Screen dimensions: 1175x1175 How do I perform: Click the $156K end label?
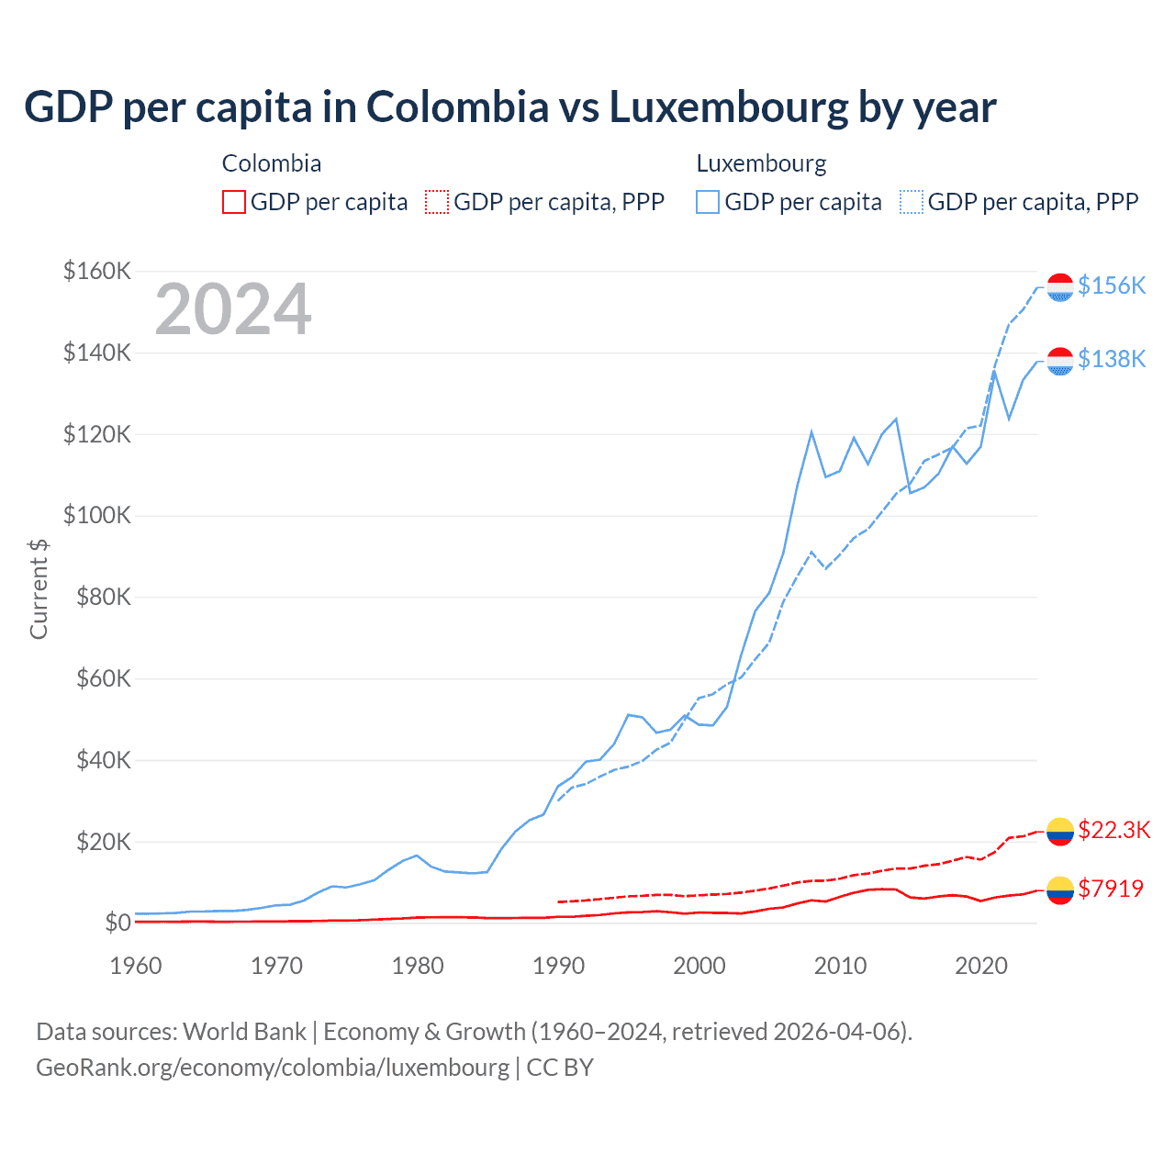pos(1112,285)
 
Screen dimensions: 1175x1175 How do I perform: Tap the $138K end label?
pos(1112,359)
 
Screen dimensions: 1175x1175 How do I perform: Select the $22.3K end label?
pos(1113,830)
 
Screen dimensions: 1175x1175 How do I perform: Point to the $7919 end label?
pos(1111,889)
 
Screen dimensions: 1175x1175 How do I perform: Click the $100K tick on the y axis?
pos(96,515)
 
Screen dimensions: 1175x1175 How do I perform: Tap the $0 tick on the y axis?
pos(116,923)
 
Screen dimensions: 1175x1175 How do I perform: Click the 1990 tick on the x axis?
pos(558,966)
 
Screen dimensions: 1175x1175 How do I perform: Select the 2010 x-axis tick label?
pos(840,966)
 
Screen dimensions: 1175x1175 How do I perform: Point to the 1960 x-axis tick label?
pos(136,966)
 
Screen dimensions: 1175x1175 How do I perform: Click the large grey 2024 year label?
pos(233,309)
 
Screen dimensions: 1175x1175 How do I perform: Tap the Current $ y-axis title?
pos(39,588)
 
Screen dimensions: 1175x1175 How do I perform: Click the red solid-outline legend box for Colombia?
pos(234,202)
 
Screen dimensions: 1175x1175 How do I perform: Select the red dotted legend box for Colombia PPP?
pos(437,202)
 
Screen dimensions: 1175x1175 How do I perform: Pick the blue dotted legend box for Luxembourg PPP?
pos(912,202)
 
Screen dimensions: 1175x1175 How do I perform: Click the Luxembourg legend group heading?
pos(761,163)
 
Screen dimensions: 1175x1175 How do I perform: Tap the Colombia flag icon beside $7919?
pos(1060,890)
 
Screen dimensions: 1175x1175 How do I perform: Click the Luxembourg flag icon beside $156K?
pos(1060,286)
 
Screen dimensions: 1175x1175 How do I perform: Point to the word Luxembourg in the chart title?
pos(729,107)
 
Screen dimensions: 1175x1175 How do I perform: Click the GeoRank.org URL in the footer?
pos(273,1068)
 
